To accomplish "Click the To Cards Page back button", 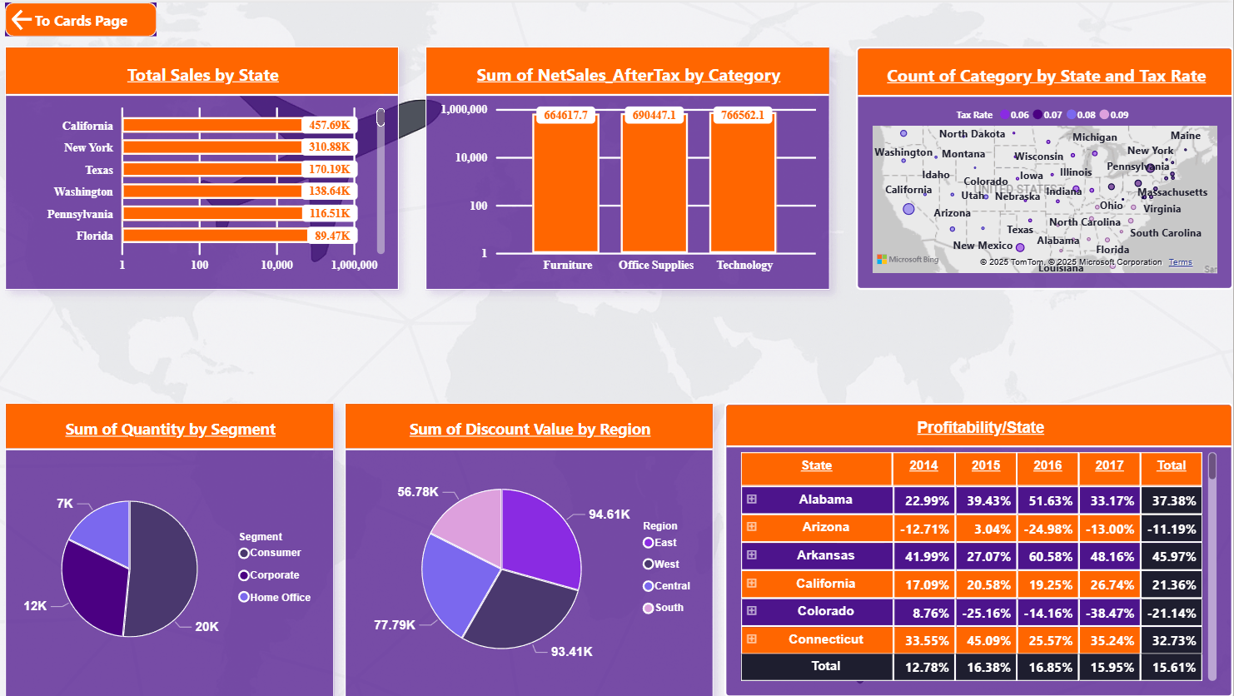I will click(81, 21).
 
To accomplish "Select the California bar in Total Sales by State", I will click(212, 126).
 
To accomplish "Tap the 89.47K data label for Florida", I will click(332, 236).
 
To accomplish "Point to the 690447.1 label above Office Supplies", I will click(654, 115).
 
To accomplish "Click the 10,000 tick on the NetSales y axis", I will click(471, 157).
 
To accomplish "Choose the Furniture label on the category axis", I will click(567, 265).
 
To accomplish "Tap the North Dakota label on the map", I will click(972, 134).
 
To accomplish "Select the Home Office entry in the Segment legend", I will click(280, 597).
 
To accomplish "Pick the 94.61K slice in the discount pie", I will click(541, 533).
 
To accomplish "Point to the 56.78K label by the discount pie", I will click(418, 492).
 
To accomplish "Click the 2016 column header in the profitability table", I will click(1047, 465).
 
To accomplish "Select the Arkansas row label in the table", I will click(825, 555).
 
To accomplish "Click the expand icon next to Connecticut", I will click(752, 639).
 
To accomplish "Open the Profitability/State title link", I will click(980, 427).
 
